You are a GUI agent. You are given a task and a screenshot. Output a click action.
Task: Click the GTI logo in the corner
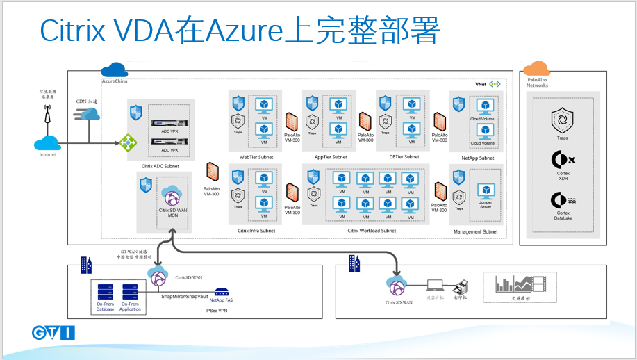[54, 333]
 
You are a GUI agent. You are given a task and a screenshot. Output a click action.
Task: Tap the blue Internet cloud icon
[47, 144]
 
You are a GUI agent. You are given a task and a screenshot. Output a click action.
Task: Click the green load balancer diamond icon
[128, 142]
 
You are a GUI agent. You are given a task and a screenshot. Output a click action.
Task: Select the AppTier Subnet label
[331, 157]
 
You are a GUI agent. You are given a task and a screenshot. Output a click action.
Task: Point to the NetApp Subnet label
[477, 158]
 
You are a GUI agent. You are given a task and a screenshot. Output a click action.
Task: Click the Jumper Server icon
[485, 190]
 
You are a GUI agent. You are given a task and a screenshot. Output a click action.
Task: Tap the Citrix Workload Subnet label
[372, 231]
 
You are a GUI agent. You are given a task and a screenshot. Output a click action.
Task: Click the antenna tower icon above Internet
[47, 115]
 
